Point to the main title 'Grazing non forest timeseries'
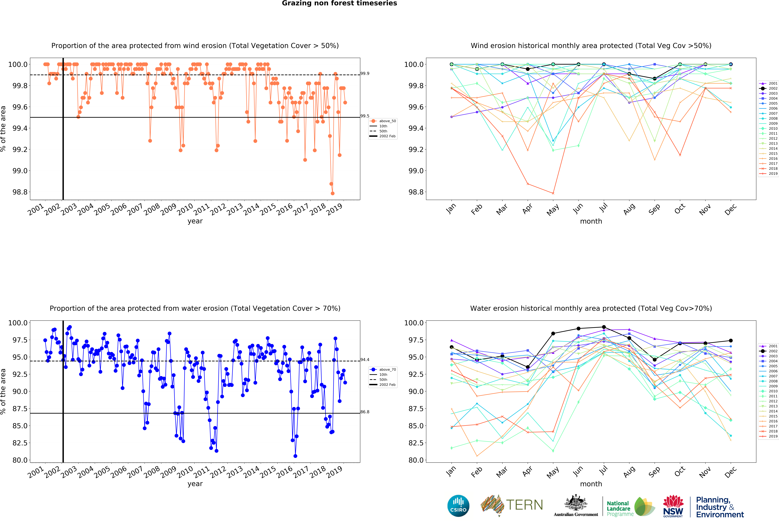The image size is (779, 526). (x=339, y=3)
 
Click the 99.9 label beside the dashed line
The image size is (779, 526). (x=365, y=73)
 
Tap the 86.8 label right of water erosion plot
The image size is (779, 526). (x=365, y=412)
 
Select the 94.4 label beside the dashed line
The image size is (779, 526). (x=365, y=359)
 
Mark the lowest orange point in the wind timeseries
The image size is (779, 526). (x=333, y=193)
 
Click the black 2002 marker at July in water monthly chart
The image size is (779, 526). (x=604, y=327)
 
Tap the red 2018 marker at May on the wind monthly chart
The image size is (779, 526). (x=553, y=193)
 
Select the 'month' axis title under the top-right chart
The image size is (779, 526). (x=591, y=221)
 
